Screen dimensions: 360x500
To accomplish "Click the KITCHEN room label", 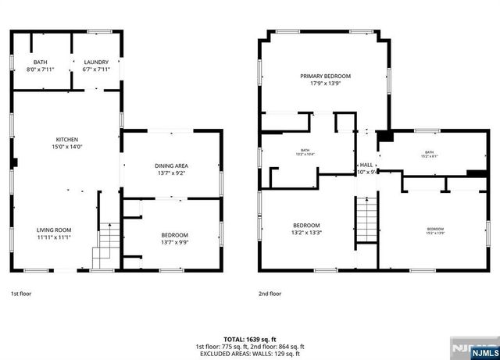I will click(x=66, y=139).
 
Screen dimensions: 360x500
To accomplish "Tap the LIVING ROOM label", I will click(x=54, y=230).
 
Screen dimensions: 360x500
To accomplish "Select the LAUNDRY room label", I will click(x=96, y=62).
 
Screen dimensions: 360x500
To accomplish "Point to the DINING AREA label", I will click(x=171, y=166).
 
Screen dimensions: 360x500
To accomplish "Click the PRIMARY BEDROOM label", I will click(x=325, y=76).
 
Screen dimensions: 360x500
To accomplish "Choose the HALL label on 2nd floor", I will click(x=366, y=165).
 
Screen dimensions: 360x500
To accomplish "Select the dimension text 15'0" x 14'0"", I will click(x=66, y=146).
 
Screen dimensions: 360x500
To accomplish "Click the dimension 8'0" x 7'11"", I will click(x=40, y=69).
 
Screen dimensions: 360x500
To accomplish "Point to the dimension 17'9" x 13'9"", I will click(x=325, y=83).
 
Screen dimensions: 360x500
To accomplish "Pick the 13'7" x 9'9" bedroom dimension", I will click(x=174, y=242).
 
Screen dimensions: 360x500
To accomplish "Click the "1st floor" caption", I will click(x=21, y=294).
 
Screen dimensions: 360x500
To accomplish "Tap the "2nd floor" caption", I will click(x=270, y=294).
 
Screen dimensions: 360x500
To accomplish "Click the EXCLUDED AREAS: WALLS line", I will click(x=249, y=353).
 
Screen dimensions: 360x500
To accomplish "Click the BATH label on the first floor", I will click(x=40, y=62).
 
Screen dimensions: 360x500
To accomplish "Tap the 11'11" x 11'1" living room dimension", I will click(x=54, y=237).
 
